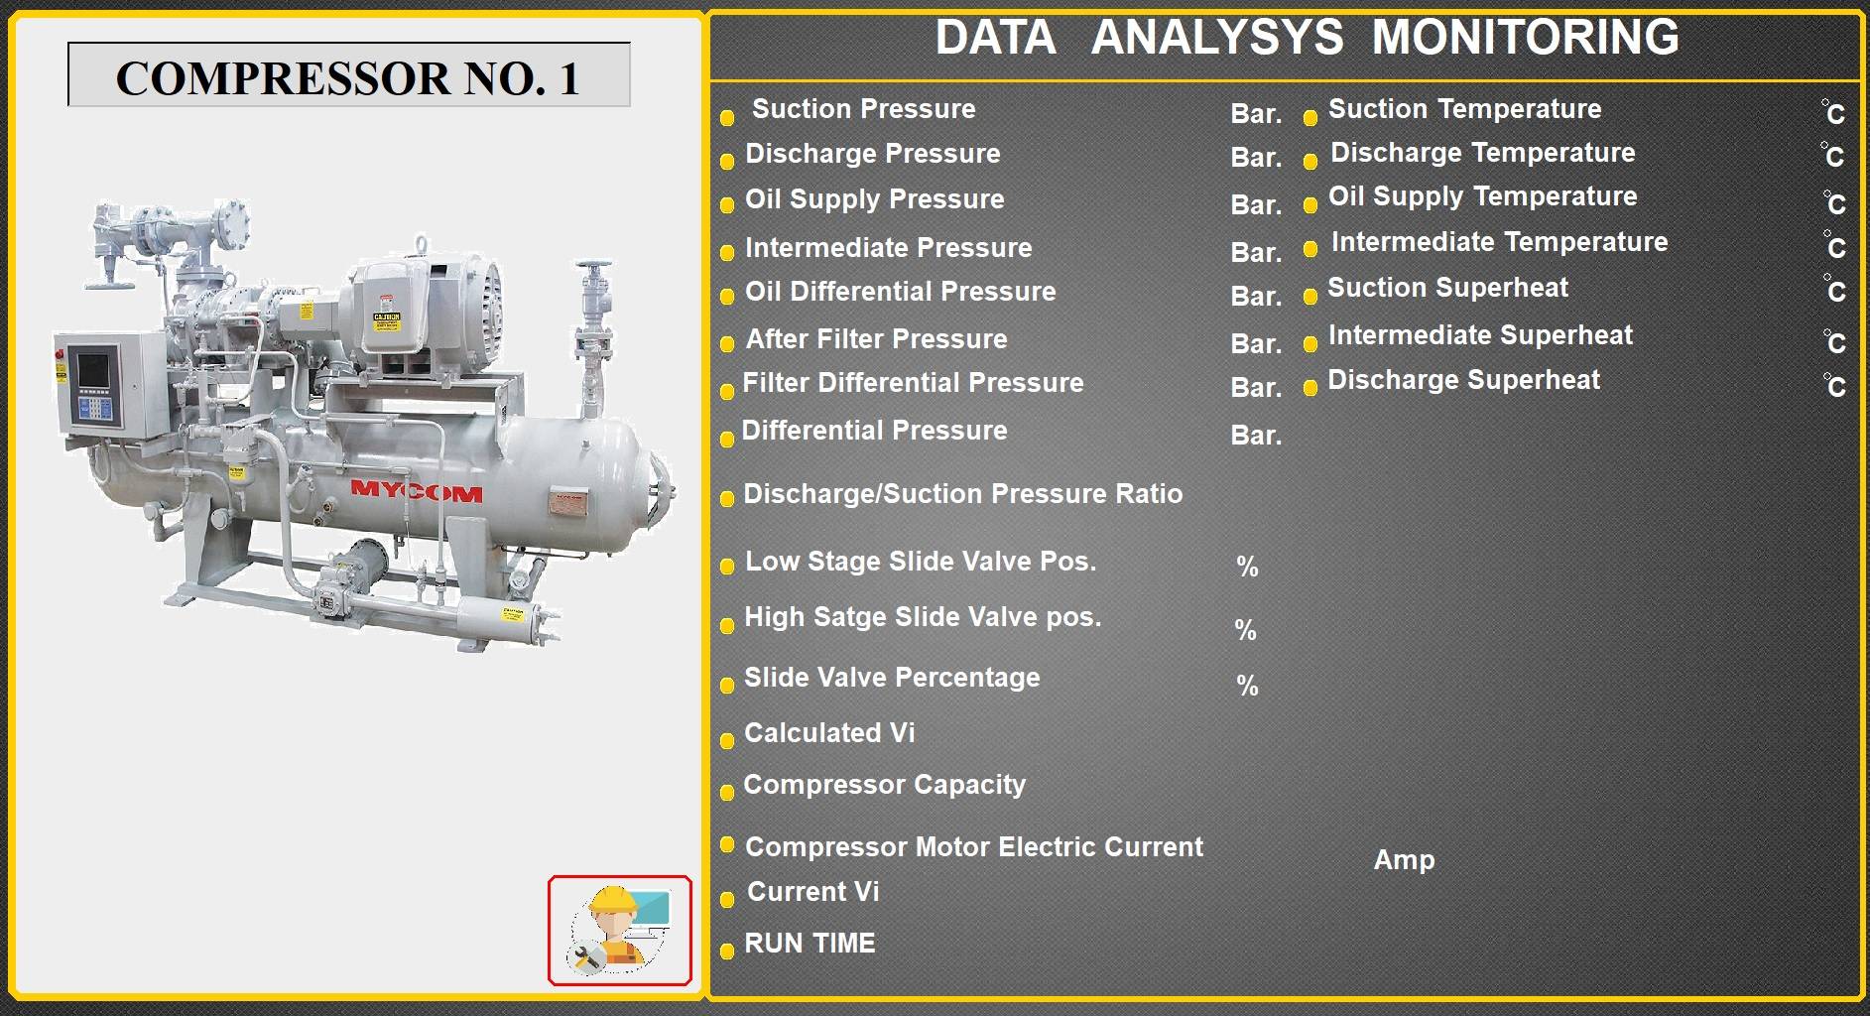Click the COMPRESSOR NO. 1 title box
[x=349, y=74]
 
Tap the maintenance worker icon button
[x=620, y=931]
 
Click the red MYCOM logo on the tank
[x=417, y=491]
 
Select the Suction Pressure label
[x=863, y=109]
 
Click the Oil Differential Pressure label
[x=900, y=292]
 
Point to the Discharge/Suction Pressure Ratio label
[x=962, y=494]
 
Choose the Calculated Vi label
[x=829, y=733]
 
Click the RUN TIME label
[x=810, y=944]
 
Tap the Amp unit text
[x=1404, y=860]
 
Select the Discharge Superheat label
[x=1463, y=380]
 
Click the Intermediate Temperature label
[x=1499, y=242]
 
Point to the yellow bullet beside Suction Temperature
[x=1309, y=118]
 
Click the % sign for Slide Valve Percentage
[x=1247, y=686]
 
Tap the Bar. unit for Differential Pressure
[x=1256, y=436]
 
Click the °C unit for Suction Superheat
[x=1833, y=290]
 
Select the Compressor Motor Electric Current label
[x=973, y=847]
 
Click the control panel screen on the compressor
[x=94, y=370]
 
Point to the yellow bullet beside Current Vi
[x=726, y=900]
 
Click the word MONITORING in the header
[x=1525, y=38]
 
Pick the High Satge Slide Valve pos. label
[x=923, y=617]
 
